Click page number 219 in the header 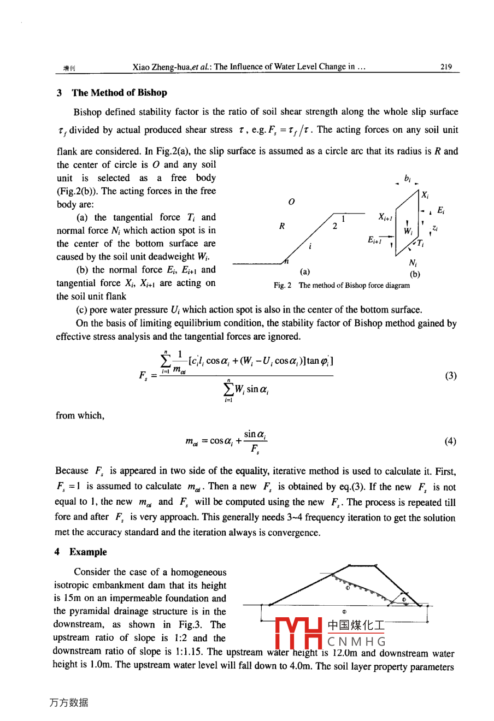[446, 67]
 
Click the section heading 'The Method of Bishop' [119, 92]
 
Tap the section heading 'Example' [88, 552]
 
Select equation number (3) [450, 376]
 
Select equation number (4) [450, 441]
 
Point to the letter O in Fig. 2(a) [291, 202]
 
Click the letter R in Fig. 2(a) [282, 226]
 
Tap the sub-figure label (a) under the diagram [305, 271]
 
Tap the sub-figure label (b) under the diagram [415, 274]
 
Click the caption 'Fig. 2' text [283, 285]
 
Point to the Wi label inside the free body [408, 231]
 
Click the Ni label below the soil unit [413, 263]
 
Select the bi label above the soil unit [408, 178]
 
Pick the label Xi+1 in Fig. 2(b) [385, 217]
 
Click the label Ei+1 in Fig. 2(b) [375, 239]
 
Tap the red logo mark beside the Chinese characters [298, 633]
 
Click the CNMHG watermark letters [357, 642]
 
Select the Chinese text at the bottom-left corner [68, 702]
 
